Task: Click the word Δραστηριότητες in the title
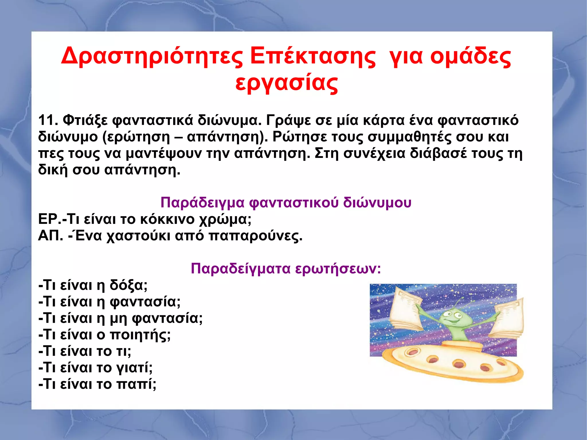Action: [x=152, y=56]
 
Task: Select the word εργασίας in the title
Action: [x=287, y=83]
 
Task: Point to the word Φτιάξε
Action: [x=85, y=120]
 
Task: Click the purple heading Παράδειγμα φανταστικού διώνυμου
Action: [x=286, y=202]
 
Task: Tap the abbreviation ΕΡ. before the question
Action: [x=49, y=219]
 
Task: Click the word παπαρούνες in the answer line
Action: [x=255, y=236]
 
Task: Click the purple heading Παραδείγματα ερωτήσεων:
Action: [x=286, y=269]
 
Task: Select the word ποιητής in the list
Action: [x=140, y=335]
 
